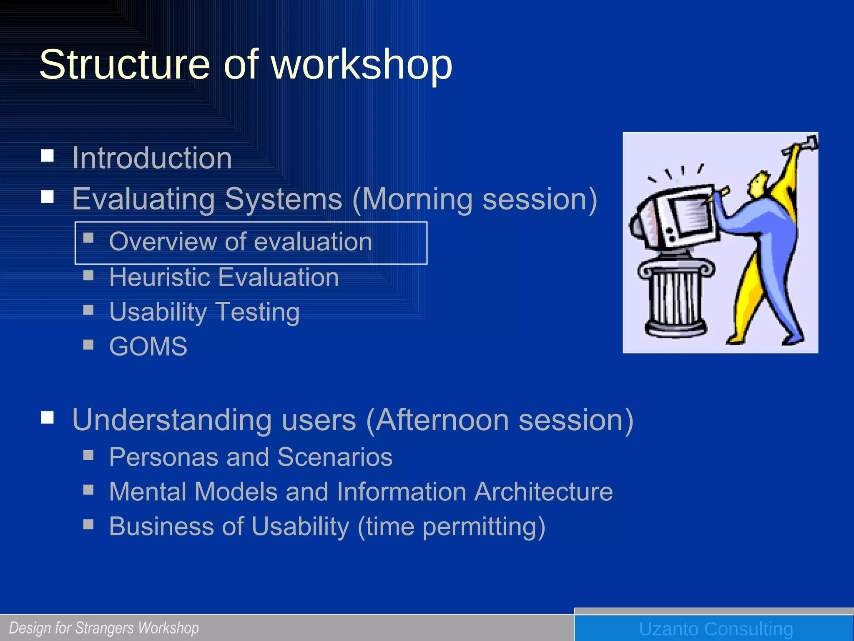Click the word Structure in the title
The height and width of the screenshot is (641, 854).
tap(124, 65)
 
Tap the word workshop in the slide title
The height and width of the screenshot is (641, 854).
tap(362, 65)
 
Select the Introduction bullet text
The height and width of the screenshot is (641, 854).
tap(152, 158)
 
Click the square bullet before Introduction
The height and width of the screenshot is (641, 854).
tap(48, 156)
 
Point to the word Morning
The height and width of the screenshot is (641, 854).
tap(417, 199)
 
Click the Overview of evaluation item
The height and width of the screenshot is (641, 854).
tap(241, 242)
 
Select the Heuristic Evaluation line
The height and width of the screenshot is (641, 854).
tap(224, 277)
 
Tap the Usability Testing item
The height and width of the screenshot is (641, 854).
tap(204, 312)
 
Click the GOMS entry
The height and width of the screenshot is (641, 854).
tap(148, 346)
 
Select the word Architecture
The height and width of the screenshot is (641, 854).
tap(543, 492)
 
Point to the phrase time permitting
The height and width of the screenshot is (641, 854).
tap(451, 527)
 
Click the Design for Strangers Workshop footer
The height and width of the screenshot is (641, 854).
tap(104, 628)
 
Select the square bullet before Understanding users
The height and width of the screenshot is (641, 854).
tap(48, 417)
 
